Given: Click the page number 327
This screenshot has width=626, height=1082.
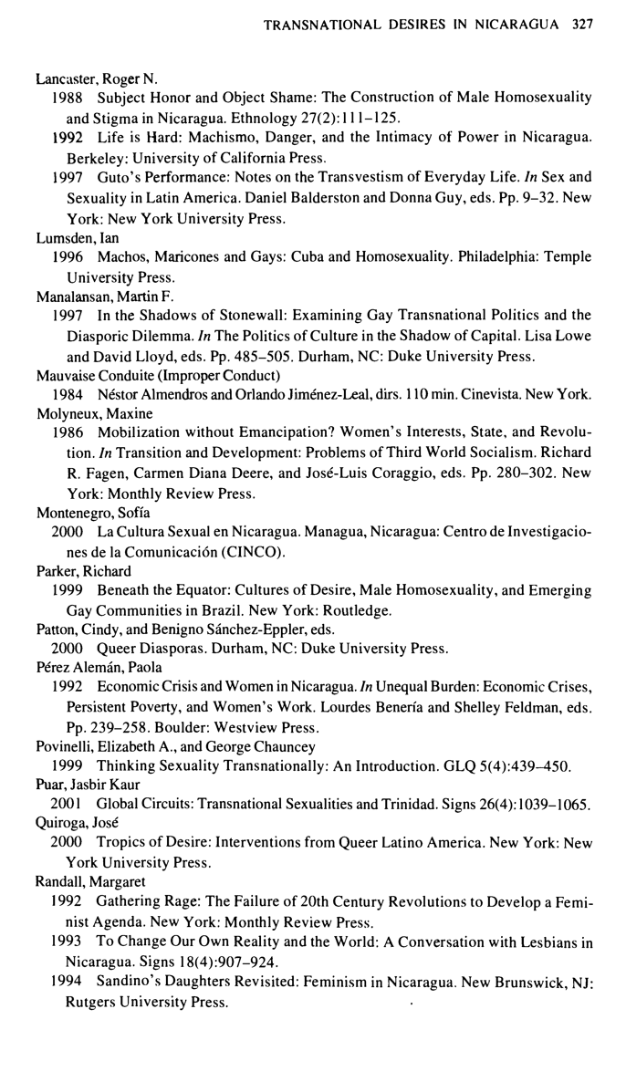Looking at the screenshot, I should pyautogui.click(x=582, y=25).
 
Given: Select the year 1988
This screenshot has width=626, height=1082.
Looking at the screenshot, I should pyautogui.click(x=68, y=97).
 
